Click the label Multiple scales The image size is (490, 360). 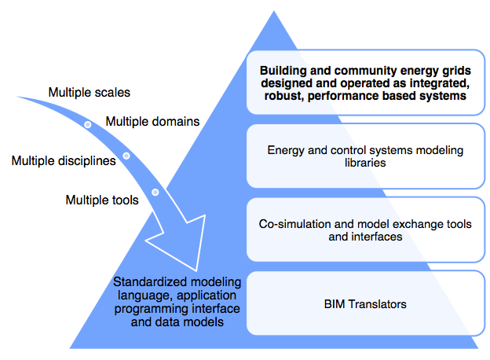90,92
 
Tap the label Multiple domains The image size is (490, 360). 152,121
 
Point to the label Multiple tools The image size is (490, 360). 102,200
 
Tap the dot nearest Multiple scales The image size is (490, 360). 88,124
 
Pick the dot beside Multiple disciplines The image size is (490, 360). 126,156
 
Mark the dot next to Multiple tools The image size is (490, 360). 155,192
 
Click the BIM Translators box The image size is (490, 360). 365,303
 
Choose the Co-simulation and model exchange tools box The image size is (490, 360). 365,230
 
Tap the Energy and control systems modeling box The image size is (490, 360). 365,156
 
